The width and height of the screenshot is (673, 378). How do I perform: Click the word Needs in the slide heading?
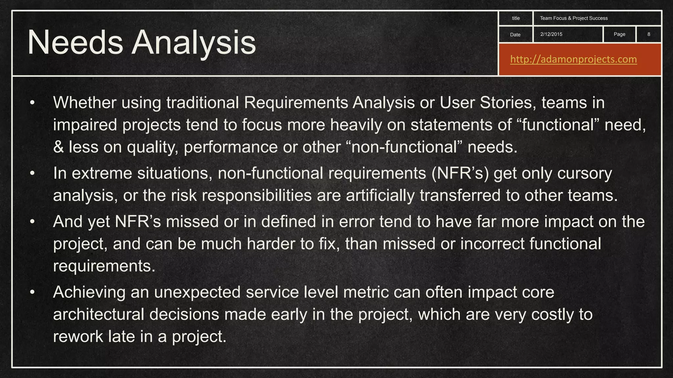tap(75, 43)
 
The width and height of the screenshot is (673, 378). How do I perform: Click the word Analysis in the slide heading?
tap(194, 43)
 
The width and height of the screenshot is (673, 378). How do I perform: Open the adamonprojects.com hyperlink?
tap(573, 59)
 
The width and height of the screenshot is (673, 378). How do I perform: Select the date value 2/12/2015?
tap(551, 34)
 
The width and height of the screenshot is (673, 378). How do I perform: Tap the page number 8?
tap(649, 34)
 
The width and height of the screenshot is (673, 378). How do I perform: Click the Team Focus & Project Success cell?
tap(574, 18)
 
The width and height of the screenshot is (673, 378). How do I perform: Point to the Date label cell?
tap(515, 34)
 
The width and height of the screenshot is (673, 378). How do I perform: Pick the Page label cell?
tap(619, 34)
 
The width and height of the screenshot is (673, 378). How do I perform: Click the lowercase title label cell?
tap(516, 18)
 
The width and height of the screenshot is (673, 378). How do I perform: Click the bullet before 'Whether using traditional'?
tap(32, 103)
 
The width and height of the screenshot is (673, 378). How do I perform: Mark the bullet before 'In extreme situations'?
tap(32, 173)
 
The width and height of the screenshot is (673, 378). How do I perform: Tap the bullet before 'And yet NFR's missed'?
tap(32, 222)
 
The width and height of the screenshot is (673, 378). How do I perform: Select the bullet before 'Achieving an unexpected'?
tap(32, 292)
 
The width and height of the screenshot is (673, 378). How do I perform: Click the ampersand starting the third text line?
tap(58, 147)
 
